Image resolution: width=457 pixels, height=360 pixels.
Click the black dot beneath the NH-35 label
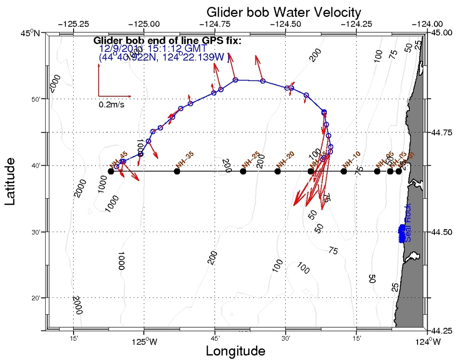tap(177, 171)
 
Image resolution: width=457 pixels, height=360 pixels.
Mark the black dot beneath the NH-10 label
tap(343, 171)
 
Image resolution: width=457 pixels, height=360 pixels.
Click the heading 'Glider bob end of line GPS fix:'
tap(167, 41)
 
